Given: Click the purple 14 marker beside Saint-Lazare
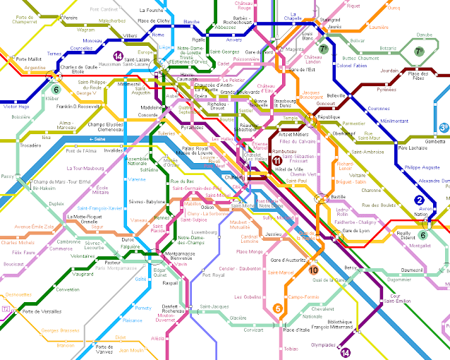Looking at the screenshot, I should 118,56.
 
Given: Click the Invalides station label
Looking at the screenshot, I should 114,150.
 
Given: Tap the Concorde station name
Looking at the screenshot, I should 147,114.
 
